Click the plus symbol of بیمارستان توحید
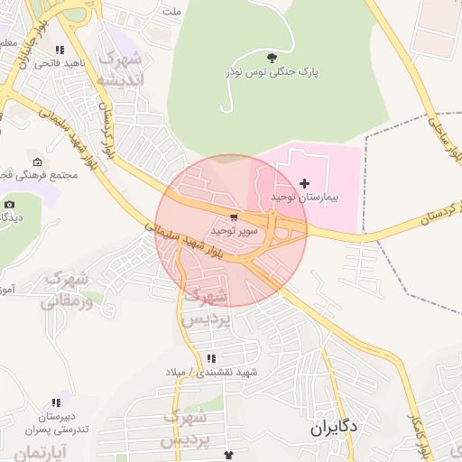(304, 183)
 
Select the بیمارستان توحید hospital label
(303, 196)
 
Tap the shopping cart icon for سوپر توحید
(235, 217)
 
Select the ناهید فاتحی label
(60, 64)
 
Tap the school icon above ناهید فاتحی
(60, 51)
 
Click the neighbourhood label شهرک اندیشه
(120, 70)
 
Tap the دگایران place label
(333, 427)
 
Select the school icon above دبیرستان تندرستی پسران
(58, 402)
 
